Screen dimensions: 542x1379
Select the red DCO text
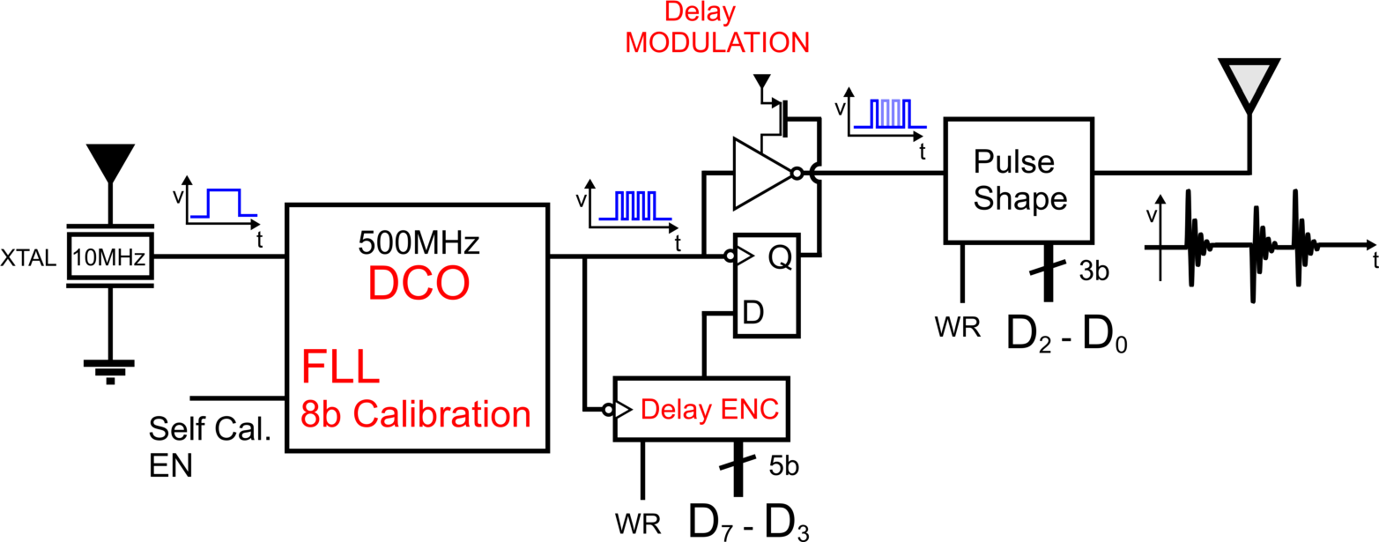418,285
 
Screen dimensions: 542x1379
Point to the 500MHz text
419,241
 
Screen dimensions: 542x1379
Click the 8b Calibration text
417,413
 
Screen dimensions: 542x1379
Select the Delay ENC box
702,408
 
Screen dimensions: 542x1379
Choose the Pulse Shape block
1019,181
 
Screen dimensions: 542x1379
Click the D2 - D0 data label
1067,334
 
